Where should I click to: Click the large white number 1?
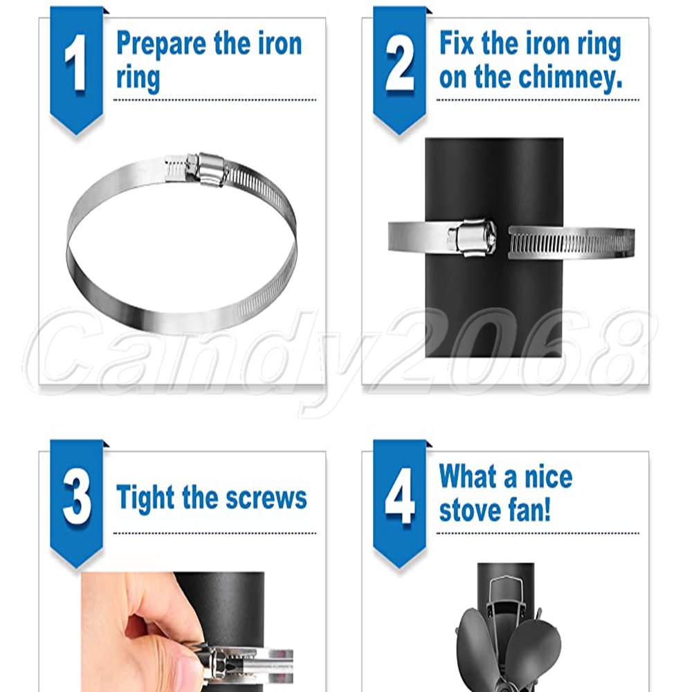(x=76, y=63)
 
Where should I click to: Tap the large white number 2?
(x=399, y=63)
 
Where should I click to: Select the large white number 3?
(x=77, y=496)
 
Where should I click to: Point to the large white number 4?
(x=400, y=496)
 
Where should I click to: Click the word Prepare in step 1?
(x=161, y=45)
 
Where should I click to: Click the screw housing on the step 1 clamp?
(x=206, y=169)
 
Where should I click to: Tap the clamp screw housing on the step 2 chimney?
(x=472, y=237)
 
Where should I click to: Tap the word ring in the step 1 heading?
(x=138, y=80)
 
